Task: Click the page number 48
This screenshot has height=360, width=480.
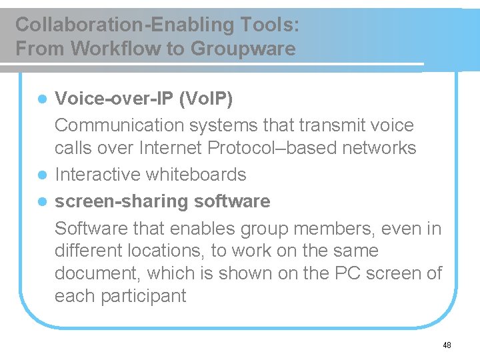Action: [x=447, y=345]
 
